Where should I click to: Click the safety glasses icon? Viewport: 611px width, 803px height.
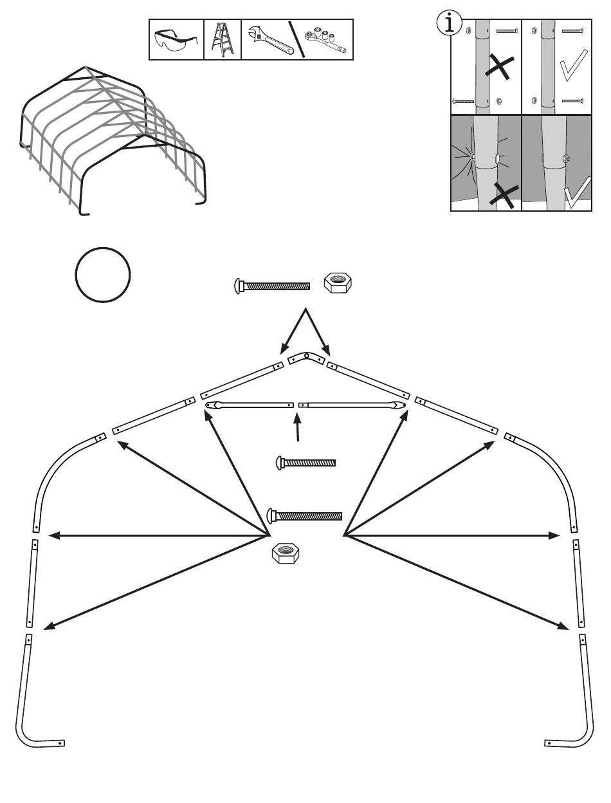click(176, 40)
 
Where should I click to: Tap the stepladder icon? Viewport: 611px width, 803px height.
click(222, 40)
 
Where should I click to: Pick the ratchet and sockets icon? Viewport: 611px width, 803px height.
click(325, 40)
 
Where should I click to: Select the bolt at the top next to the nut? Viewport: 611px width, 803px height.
click(272, 286)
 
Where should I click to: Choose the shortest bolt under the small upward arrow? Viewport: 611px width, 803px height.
click(305, 462)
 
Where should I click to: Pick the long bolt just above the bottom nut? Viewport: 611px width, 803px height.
click(304, 516)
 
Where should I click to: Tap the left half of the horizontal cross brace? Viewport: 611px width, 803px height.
click(250, 405)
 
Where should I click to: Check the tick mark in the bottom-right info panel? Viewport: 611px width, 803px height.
click(576, 193)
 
